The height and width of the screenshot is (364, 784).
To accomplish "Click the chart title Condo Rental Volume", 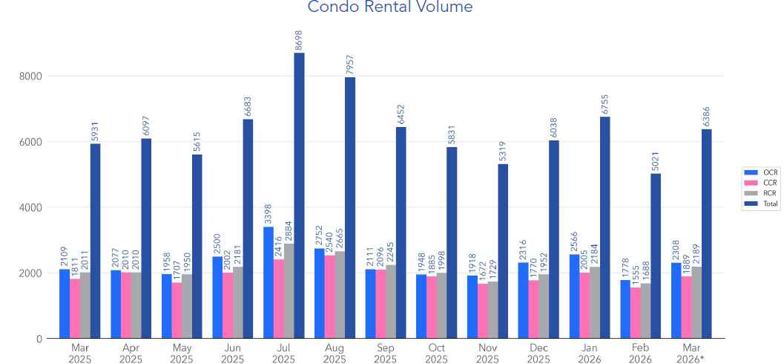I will tap(389, 7).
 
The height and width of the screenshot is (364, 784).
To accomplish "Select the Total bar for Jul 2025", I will tap(299, 195).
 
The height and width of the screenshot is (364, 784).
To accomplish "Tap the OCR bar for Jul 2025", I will tap(268, 282).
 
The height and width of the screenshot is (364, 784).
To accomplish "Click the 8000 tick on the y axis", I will tap(30, 76).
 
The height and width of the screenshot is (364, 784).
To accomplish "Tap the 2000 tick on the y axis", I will tap(30, 273).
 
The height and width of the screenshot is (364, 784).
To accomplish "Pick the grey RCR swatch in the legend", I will tap(748, 193).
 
